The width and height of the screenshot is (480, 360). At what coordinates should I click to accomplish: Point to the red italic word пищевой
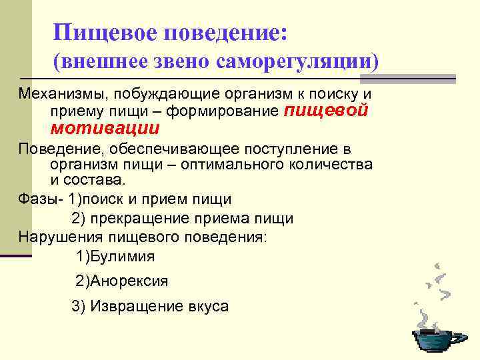327,111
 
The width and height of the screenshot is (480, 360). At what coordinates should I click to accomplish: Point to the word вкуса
207,307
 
